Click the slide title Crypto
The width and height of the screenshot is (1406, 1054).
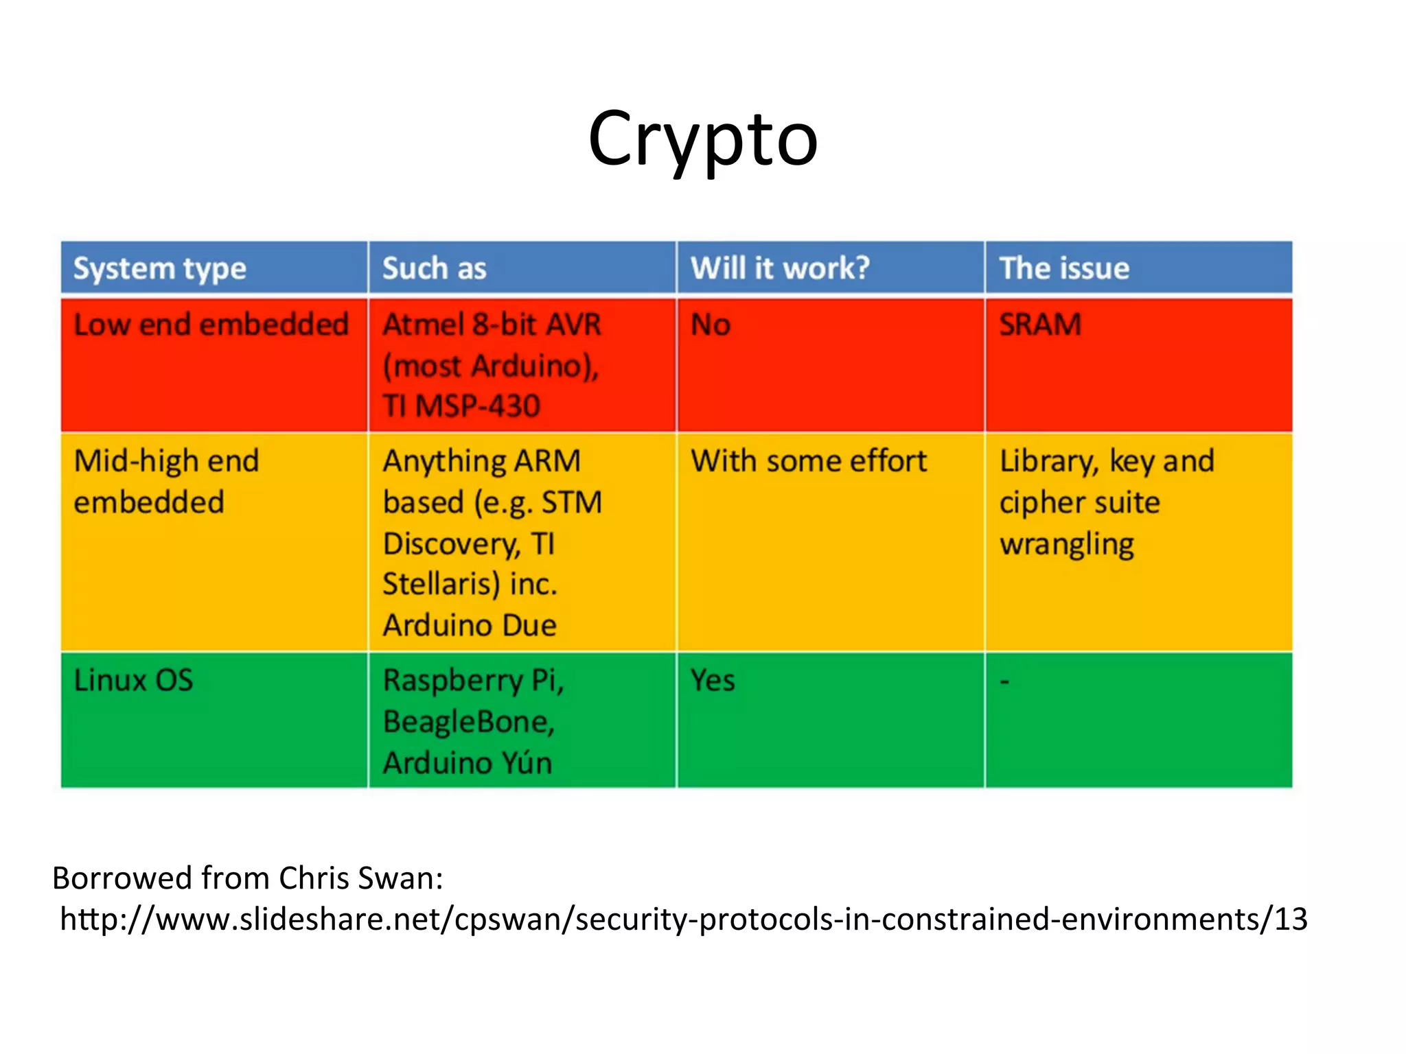tap(702, 141)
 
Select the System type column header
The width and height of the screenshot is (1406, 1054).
tap(159, 268)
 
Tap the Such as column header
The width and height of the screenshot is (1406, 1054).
tap(434, 268)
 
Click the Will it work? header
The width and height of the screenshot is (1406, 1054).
tap(780, 268)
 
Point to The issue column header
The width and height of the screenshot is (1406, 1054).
tap(1064, 268)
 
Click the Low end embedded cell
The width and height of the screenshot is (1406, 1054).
tap(211, 325)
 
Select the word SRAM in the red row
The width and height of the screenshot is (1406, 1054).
tap(1040, 325)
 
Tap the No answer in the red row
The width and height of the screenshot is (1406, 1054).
tap(711, 325)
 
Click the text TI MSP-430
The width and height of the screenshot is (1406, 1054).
tap(461, 406)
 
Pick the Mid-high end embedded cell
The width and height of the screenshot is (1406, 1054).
tap(166, 481)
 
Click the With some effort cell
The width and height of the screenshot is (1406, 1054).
tap(809, 461)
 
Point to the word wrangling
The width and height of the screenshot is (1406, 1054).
tap(1067, 545)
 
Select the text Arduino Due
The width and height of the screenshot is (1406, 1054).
tap(470, 625)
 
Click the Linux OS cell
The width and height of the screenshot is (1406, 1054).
tap(133, 681)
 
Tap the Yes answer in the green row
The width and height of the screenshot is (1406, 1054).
tap(713, 681)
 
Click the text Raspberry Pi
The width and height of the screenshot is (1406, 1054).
tap(472, 681)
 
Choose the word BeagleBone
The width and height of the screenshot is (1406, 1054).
tap(468, 722)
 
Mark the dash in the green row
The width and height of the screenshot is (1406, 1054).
tap(1004, 681)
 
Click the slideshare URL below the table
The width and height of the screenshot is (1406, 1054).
tap(684, 919)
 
